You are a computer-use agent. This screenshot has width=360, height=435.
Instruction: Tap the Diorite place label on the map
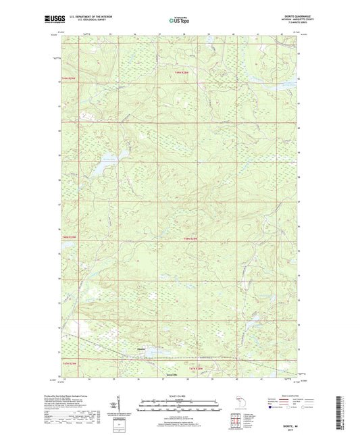pyautogui.click(x=141, y=349)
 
